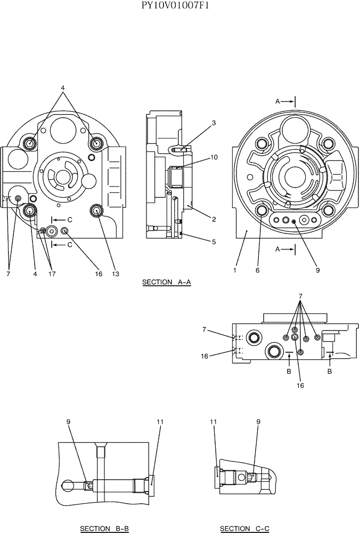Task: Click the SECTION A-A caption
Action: [166, 282]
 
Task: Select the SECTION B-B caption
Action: [104, 528]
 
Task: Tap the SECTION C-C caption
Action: [244, 528]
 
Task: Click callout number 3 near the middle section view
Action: [214, 123]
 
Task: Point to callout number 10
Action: [214, 157]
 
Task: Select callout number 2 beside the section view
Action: [214, 219]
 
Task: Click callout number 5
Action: [214, 241]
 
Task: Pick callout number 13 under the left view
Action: [115, 274]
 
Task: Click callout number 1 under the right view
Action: [235, 270]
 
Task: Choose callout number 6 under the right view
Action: [257, 270]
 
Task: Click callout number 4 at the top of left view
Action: [62, 87]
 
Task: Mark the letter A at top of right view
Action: [277, 100]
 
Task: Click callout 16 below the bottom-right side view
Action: [300, 385]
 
